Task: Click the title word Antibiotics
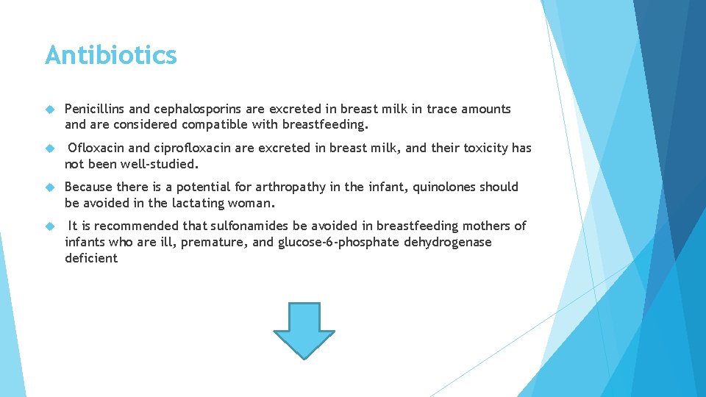tap(110, 55)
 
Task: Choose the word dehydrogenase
tap(448, 242)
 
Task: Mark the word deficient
tap(90, 258)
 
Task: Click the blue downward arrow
tap(304, 329)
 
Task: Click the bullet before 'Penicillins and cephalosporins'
tap(50, 109)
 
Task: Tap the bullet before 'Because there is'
tap(50, 187)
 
